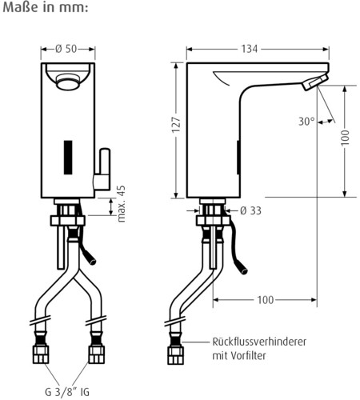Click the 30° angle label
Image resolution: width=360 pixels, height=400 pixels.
tap(305, 122)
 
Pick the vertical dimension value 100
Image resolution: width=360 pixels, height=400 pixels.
tap(346, 138)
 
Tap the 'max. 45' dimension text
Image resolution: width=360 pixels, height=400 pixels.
tap(121, 203)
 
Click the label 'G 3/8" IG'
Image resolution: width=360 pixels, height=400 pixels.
tap(68, 391)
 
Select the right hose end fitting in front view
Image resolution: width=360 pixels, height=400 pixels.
tap(96, 354)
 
